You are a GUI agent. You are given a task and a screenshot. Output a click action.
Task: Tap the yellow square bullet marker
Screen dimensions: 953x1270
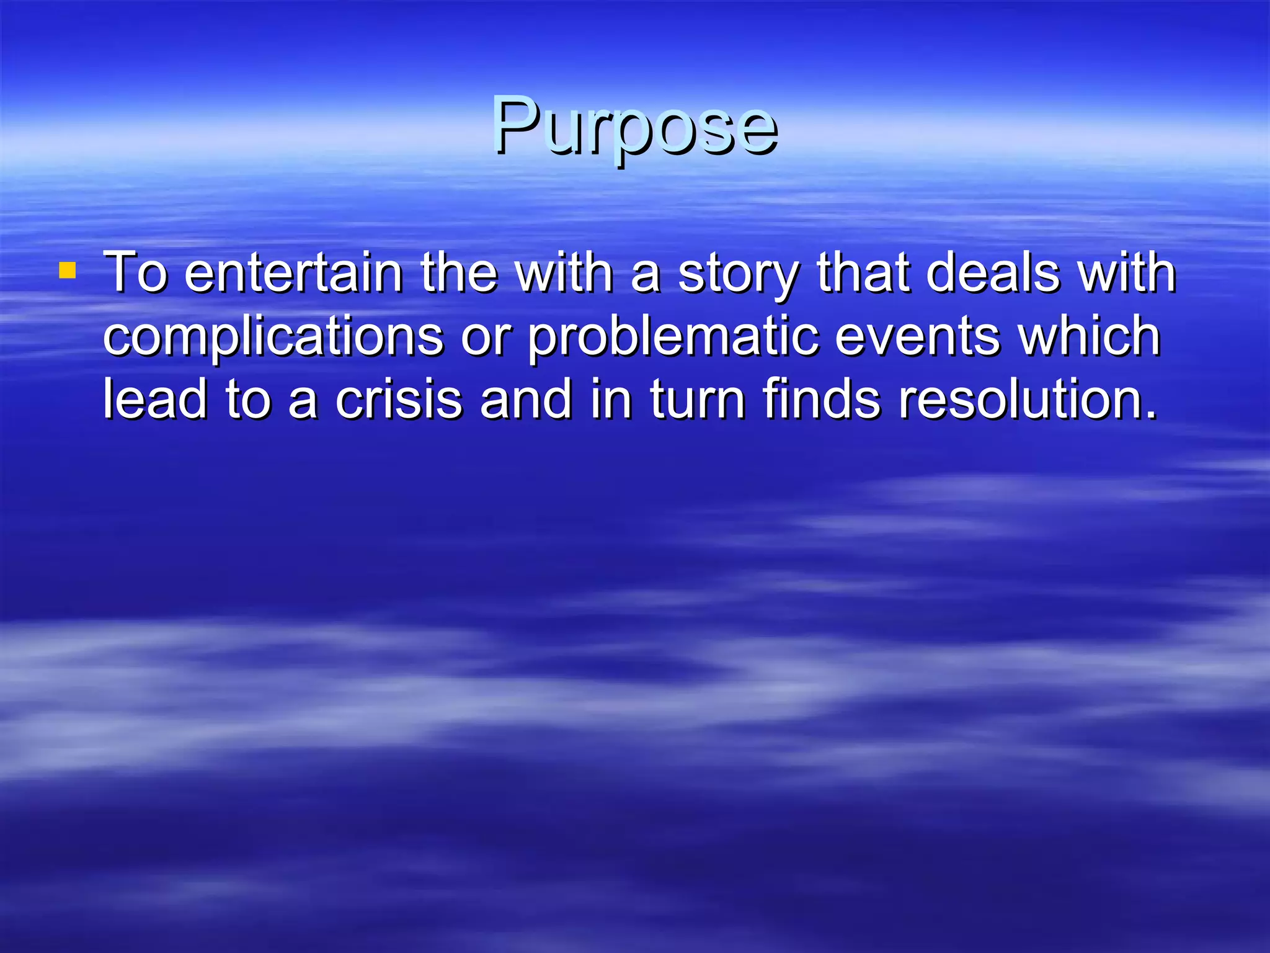pos(67,271)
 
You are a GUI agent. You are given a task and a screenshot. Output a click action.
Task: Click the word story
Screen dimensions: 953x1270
pos(737,275)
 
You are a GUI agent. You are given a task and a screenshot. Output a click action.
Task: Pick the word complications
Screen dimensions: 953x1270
pos(273,337)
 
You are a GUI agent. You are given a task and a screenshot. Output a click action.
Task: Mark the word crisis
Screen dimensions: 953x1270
pos(399,400)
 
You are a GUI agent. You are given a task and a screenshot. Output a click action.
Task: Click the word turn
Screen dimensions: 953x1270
pos(697,401)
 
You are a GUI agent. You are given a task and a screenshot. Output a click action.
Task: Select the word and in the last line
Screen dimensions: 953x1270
pos(526,400)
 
